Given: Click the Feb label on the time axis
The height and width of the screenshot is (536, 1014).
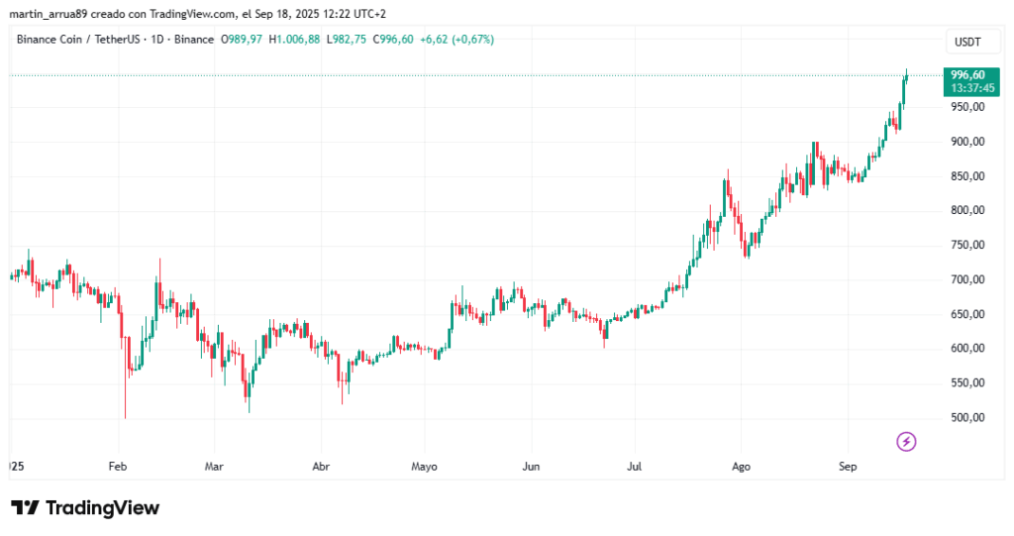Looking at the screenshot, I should [117, 466].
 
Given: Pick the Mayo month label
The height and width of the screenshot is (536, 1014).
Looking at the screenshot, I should [424, 466].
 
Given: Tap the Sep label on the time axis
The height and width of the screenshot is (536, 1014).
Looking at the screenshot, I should [847, 466].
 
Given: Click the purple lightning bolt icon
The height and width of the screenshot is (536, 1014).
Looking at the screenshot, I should [906, 441].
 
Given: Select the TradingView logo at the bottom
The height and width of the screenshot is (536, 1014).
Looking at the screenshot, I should [85, 507].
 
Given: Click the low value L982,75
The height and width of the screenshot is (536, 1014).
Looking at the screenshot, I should [347, 40].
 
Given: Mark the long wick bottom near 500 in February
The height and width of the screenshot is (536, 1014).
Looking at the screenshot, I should [125, 416].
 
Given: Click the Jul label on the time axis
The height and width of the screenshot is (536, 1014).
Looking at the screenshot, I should [635, 466].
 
